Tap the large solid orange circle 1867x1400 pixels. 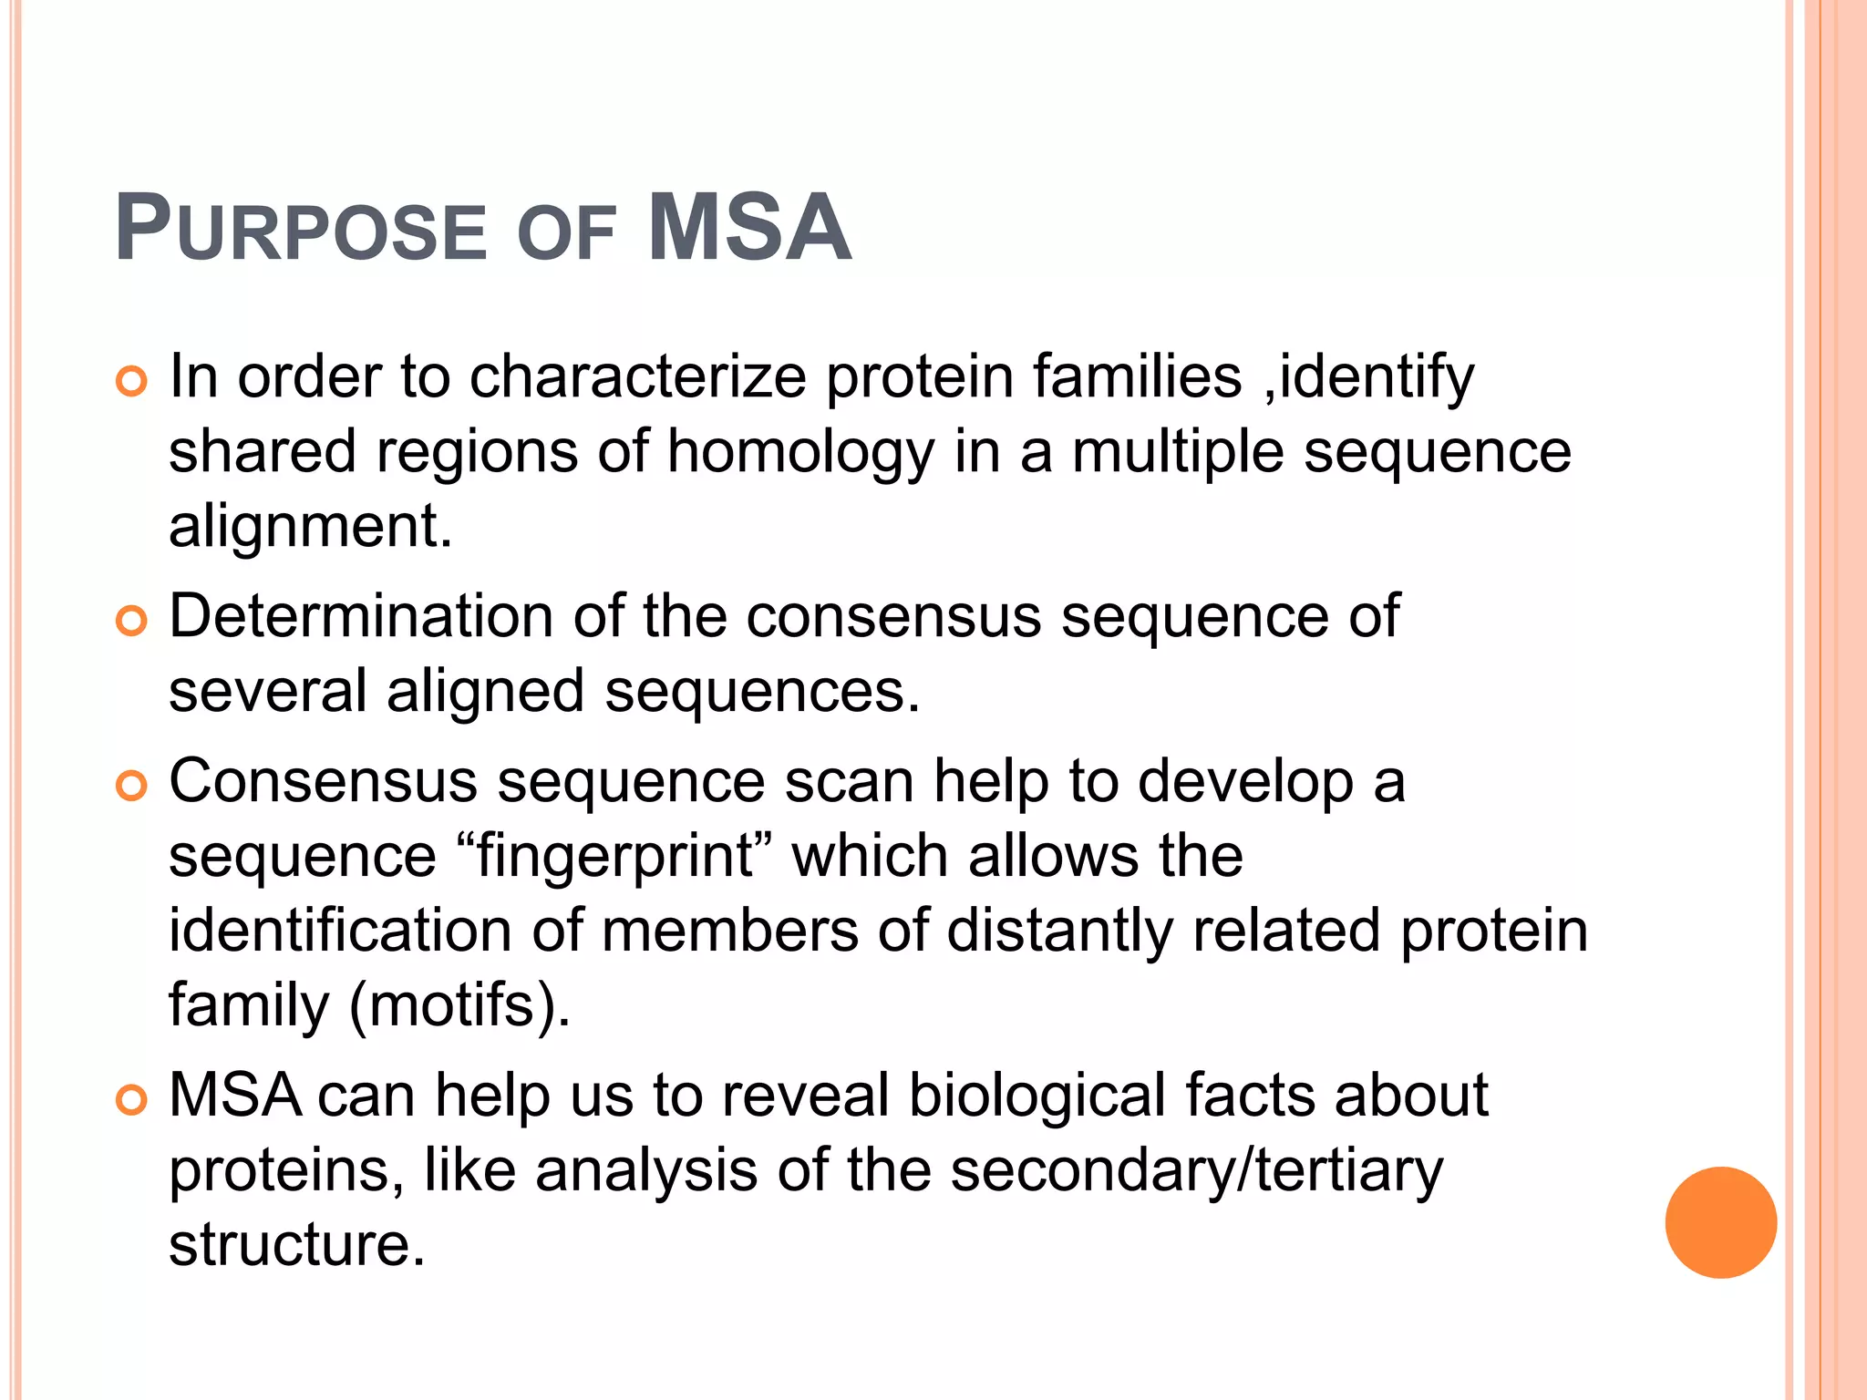tap(1720, 1222)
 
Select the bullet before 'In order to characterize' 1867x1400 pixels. tap(131, 382)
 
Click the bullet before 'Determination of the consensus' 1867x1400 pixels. tap(131, 622)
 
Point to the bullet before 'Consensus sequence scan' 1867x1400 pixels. tap(131, 787)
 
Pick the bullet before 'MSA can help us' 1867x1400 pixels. tap(131, 1100)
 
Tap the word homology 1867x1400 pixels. tap(801, 453)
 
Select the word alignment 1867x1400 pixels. tap(310, 527)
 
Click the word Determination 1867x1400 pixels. tap(361, 616)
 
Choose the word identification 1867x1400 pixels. tap(340, 931)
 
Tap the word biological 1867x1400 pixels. tap(1037, 1096)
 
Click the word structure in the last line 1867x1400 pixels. tap(296, 1245)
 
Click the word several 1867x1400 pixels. tap(268, 691)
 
